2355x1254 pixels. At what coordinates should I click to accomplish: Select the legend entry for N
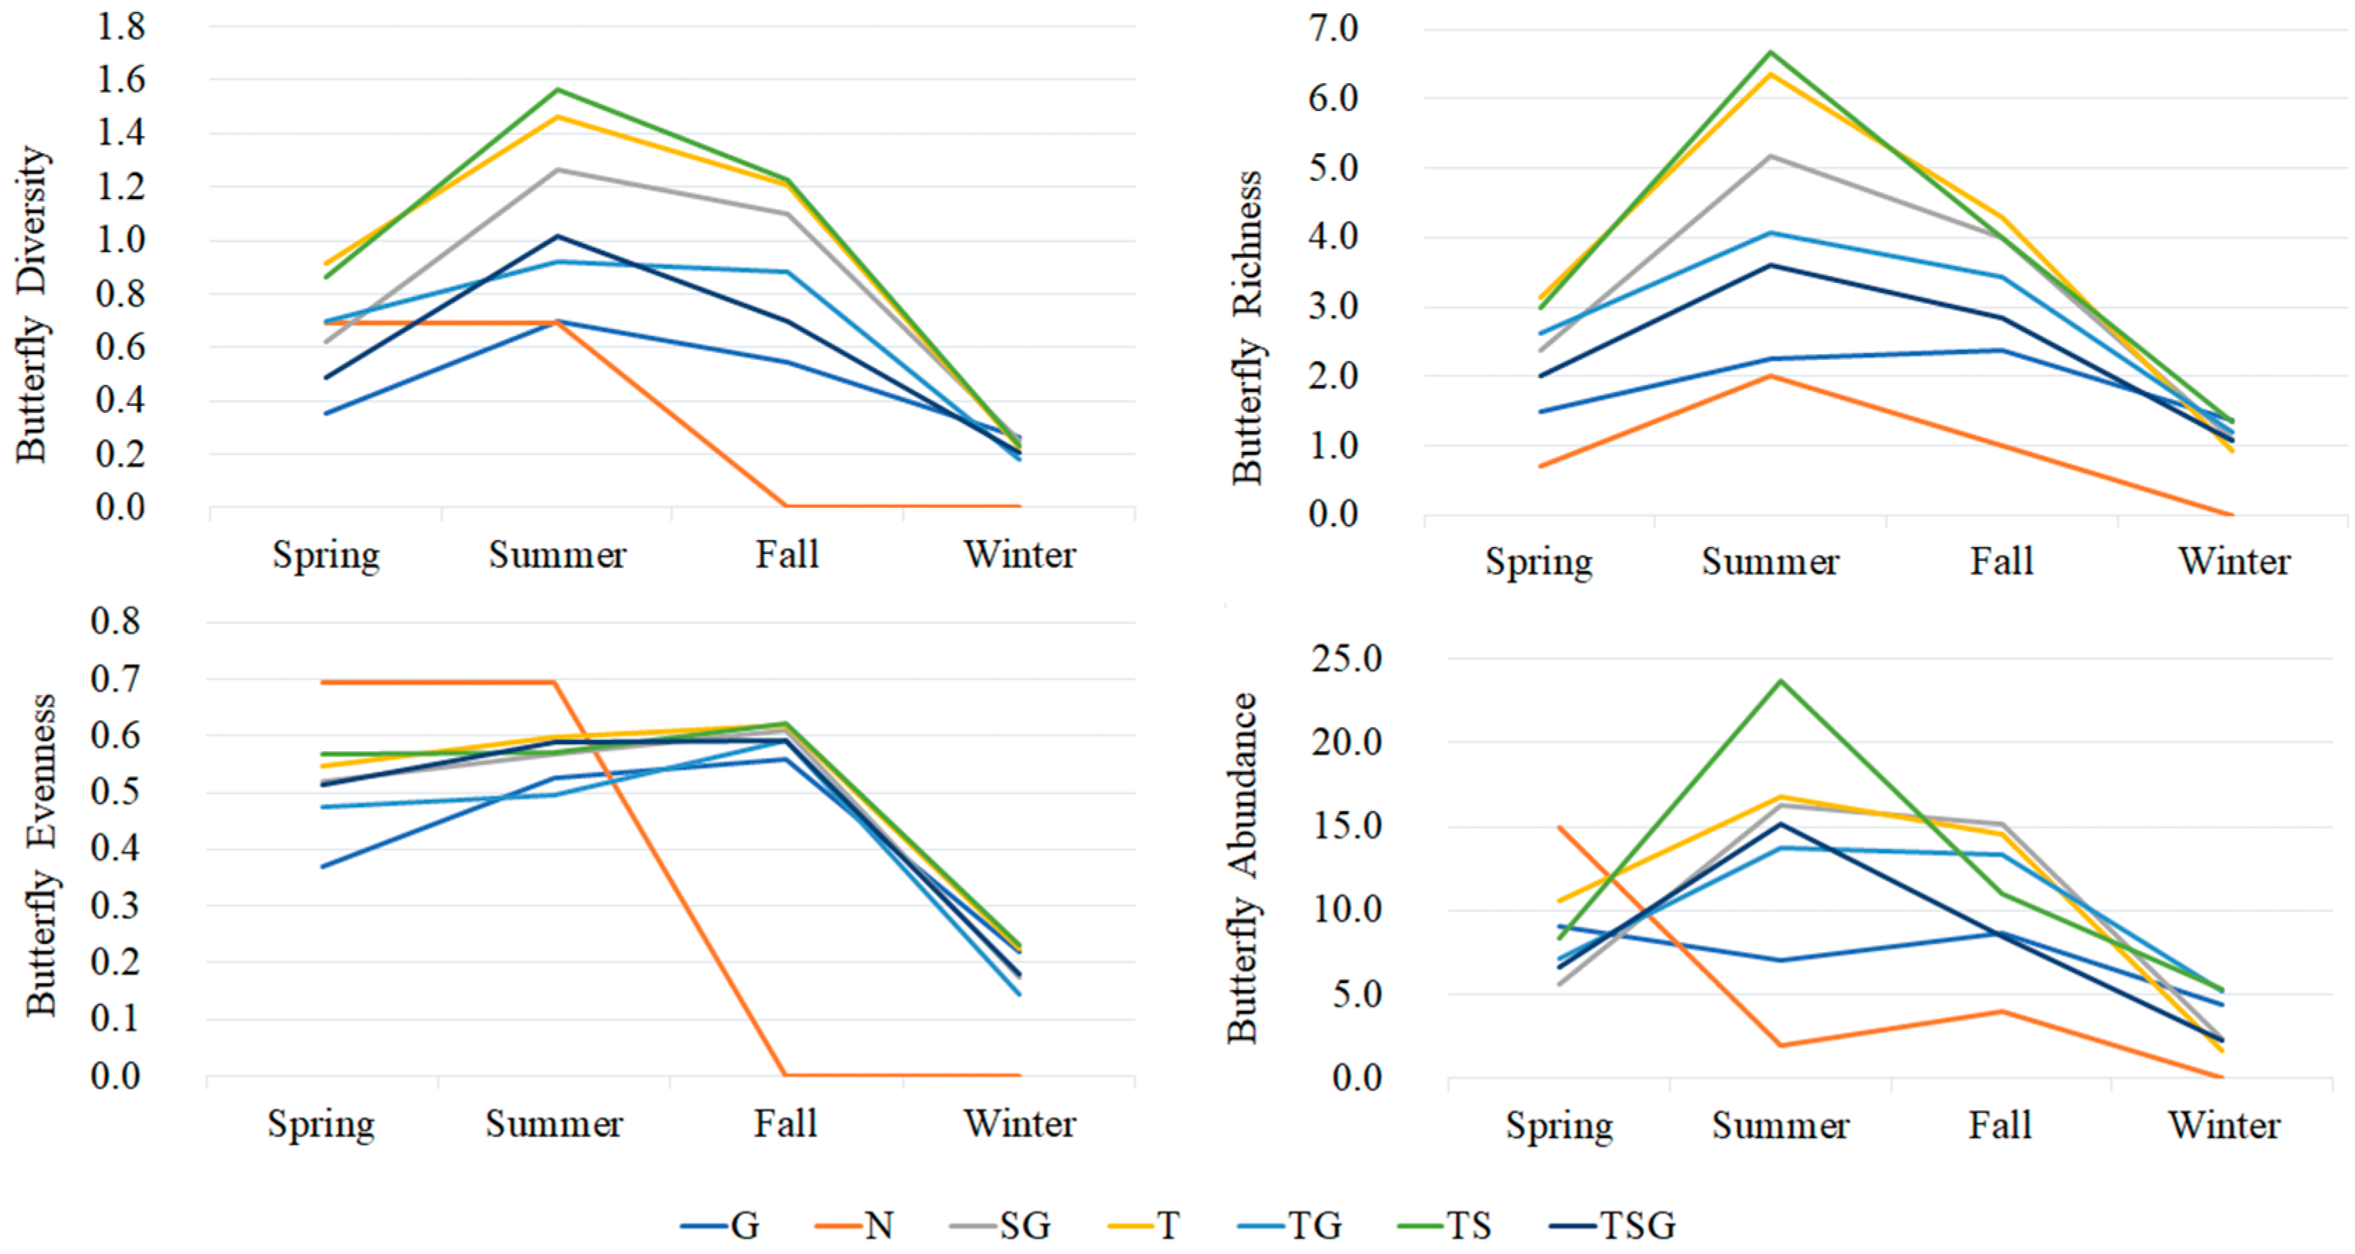point(856,1225)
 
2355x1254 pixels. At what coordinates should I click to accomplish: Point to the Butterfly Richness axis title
point(1247,326)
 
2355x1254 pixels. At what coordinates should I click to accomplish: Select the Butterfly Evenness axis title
point(41,854)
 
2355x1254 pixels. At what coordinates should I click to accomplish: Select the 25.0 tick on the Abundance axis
point(1348,658)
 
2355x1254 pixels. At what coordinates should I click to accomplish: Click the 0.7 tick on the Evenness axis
point(116,679)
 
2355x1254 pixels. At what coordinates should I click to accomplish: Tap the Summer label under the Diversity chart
point(557,555)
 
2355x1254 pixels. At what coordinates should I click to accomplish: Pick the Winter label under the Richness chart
point(2233,561)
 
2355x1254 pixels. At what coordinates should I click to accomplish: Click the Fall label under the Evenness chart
point(785,1123)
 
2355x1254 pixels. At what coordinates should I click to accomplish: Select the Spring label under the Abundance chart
point(1560,1125)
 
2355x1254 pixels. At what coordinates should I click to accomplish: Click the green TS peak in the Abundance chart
point(1780,681)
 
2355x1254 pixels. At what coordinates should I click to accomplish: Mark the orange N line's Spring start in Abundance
point(1560,827)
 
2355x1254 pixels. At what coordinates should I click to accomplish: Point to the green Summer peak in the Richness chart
point(1771,52)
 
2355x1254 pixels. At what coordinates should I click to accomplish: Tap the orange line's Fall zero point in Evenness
point(785,1075)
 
